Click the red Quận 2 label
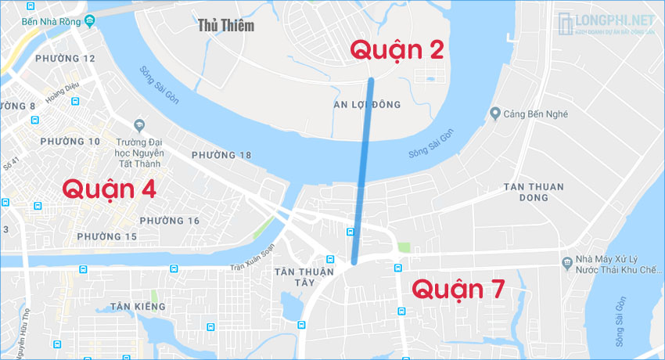pyautogui.click(x=397, y=50)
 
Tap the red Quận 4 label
pyautogui.click(x=109, y=189)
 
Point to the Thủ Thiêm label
pyautogui.click(x=226, y=26)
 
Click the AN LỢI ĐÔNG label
pyautogui.click(x=367, y=105)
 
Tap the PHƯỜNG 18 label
pyautogui.click(x=221, y=155)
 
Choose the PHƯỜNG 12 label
pyautogui.click(x=66, y=59)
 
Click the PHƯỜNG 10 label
pyautogui.click(x=72, y=142)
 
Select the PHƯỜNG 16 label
pyautogui.click(x=170, y=221)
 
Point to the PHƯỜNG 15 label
pyautogui.click(x=107, y=236)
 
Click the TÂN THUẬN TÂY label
pyautogui.click(x=304, y=276)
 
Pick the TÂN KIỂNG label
pyautogui.click(x=138, y=306)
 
